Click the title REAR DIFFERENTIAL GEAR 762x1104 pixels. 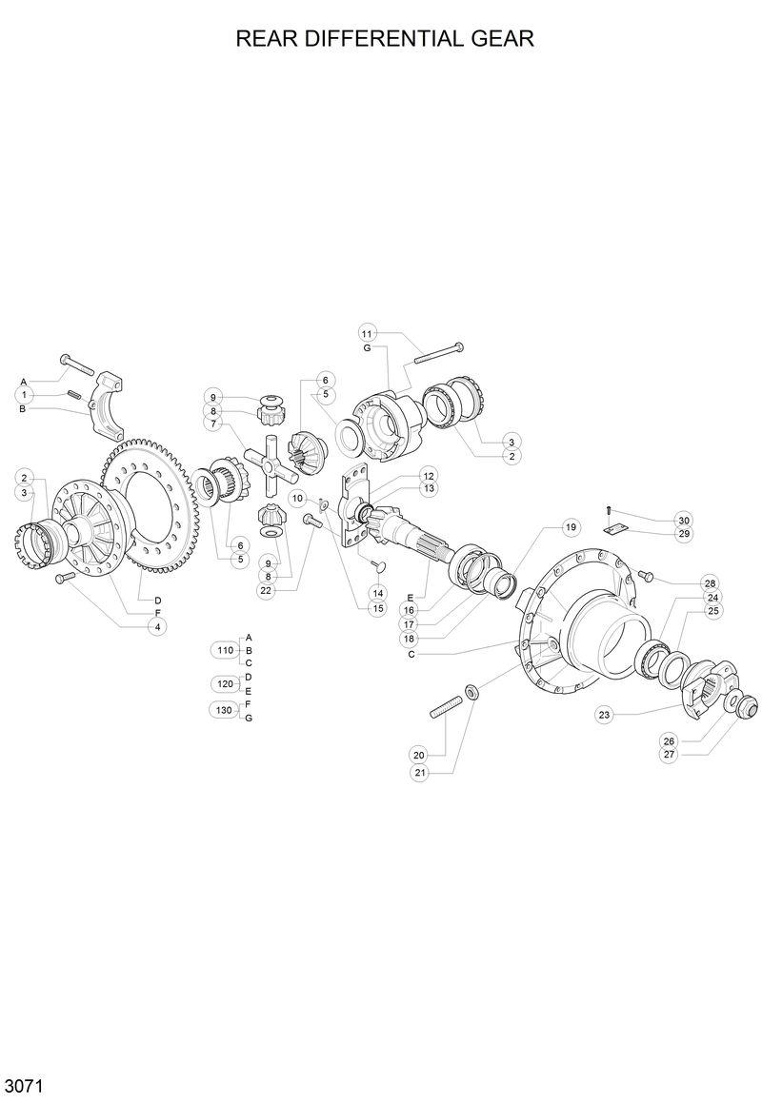coord(384,39)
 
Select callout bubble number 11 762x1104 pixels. coord(369,332)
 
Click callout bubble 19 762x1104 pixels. coord(571,526)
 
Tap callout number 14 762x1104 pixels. coord(379,592)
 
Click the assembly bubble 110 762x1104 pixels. coord(225,650)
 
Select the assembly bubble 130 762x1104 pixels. coord(225,710)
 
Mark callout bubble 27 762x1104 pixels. coord(669,754)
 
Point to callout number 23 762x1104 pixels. coord(604,714)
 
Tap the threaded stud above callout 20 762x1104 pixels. coord(443,709)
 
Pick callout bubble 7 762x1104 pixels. coord(214,424)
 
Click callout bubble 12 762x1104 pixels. coord(429,475)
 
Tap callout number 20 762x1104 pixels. coord(420,755)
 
